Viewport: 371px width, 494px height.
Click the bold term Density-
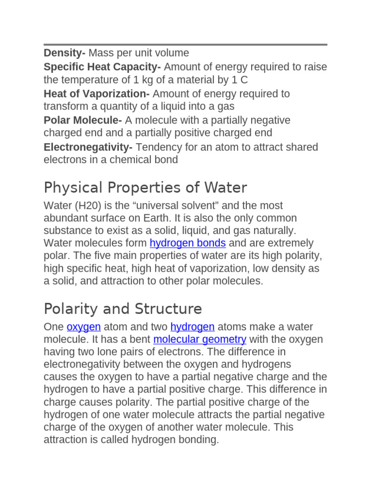coord(65,53)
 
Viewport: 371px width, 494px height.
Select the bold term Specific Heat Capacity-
coord(103,67)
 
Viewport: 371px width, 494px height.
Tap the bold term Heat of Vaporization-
coord(97,94)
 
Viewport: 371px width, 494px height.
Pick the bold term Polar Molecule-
coord(83,120)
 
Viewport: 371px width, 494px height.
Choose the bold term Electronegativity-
coord(88,147)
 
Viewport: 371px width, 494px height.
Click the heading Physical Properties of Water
coord(145,187)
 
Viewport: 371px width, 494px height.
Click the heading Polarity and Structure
coord(123,309)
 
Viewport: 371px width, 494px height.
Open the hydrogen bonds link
coord(187,243)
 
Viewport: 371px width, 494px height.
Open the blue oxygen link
coord(84,327)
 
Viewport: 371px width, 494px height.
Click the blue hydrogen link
coord(192,327)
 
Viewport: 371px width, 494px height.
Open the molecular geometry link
coord(200,340)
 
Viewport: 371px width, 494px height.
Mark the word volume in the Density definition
coord(172,53)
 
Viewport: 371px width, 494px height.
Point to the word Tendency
coord(157,147)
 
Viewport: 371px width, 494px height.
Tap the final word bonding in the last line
coord(198,440)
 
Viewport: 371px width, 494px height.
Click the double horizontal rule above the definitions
coord(185,44)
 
